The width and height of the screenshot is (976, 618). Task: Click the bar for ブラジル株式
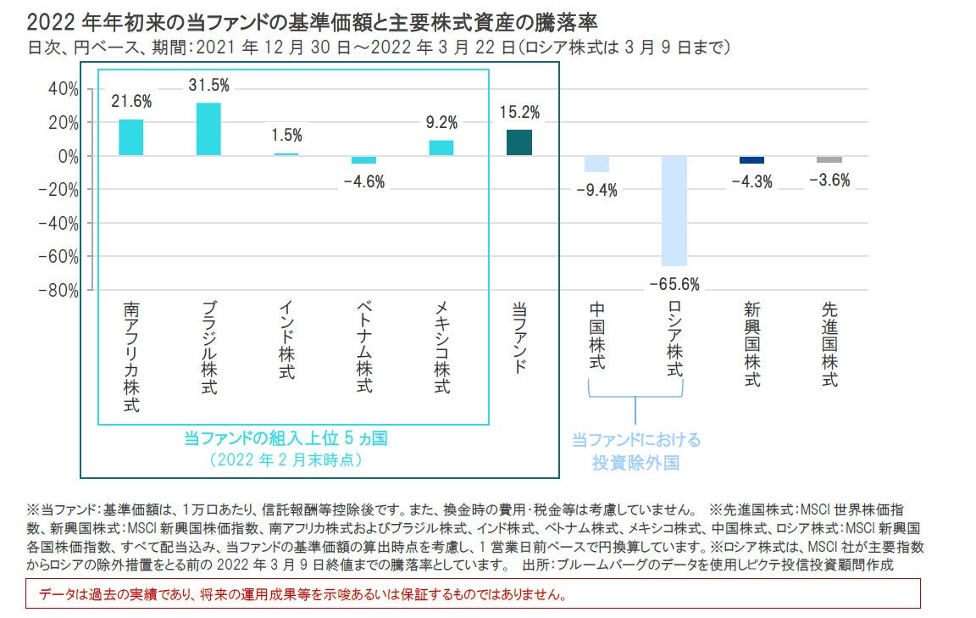click(208, 130)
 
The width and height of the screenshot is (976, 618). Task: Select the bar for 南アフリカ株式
click(130, 137)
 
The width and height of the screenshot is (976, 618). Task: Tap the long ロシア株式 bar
click(674, 211)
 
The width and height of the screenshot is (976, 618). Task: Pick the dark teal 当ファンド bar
click(518, 142)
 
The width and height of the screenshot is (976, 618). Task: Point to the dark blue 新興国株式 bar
click(751, 159)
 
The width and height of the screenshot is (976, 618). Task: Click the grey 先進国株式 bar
click(829, 159)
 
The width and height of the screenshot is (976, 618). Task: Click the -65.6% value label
click(674, 285)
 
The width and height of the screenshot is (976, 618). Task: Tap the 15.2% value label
click(519, 113)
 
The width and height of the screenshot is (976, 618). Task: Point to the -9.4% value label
click(596, 190)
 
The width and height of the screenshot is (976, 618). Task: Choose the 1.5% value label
click(286, 136)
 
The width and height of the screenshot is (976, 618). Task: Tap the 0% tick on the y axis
click(68, 157)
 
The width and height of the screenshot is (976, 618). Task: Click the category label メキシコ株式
click(441, 348)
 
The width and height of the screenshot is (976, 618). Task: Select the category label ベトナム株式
click(363, 348)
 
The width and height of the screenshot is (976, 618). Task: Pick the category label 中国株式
click(596, 336)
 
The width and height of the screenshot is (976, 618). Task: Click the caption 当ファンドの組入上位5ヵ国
click(286, 438)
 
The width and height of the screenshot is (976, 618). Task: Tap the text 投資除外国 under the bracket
click(636, 463)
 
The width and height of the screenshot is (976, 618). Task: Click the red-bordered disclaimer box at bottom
click(473, 593)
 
